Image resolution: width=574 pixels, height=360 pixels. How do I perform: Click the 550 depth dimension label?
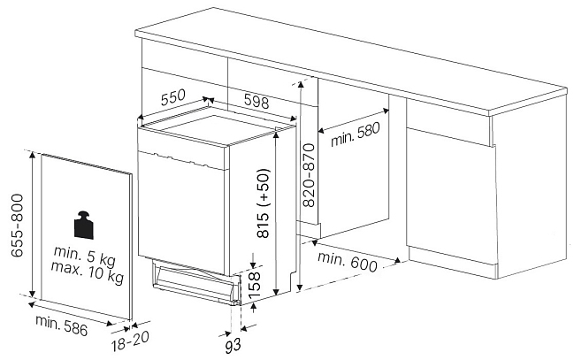(173, 97)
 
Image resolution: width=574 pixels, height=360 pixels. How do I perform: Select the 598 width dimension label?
(256, 101)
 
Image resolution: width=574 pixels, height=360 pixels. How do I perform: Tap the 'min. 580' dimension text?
(356, 134)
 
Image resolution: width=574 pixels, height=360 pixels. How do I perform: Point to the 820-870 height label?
(309, 175)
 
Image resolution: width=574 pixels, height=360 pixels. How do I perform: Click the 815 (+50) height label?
(264, 203)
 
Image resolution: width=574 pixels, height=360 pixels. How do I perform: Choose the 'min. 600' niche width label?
(347, 262)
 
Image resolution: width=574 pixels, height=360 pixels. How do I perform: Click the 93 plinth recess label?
(233, 346)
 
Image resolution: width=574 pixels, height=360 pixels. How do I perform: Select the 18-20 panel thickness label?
(130, 341)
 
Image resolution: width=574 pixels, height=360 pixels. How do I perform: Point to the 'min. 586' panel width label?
(62, 325)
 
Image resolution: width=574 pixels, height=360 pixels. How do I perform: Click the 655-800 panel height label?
(17, 226)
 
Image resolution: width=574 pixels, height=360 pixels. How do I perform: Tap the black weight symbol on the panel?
(84, 225)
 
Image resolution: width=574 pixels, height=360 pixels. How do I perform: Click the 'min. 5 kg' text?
(85, 256)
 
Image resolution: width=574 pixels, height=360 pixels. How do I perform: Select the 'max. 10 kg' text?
(88, 272)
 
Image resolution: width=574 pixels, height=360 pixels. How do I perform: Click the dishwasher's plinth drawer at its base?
(193, 282)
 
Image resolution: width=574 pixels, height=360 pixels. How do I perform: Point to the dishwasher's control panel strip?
(180, 159)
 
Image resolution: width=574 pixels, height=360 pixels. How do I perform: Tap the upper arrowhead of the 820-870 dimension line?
(301, 85)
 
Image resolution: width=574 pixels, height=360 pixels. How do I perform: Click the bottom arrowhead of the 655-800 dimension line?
(32, 294)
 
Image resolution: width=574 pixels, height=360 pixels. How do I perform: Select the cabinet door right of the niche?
(451, 196)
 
